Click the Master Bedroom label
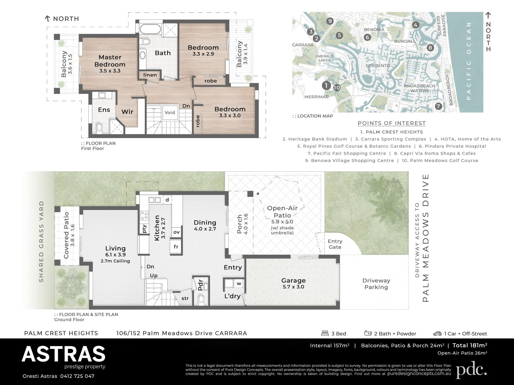click(x=110, y=61)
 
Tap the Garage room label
click(x=293, y=280)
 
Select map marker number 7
click(x=438, y=106)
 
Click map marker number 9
click(x=330, y=21)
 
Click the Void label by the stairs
click(x=169, y=112)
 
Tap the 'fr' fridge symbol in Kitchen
click(x=176, y=247)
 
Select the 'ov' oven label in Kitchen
click(x=176, y=232)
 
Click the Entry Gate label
click(x=335, y=244)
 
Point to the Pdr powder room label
click(x=201, y=285)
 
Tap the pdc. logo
click(x=471, y=370)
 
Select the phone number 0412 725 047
click(x=77, y=376)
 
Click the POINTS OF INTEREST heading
click(x=392, y=123)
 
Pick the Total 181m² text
click(x=470, y=345)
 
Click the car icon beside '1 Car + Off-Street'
click(x=437, y=334)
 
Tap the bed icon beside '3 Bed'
click(x=325, y=333)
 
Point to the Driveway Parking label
click(x=376, y=284)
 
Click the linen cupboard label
click(x=150, y=75)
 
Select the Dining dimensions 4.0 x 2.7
click(x=205, y=229)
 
